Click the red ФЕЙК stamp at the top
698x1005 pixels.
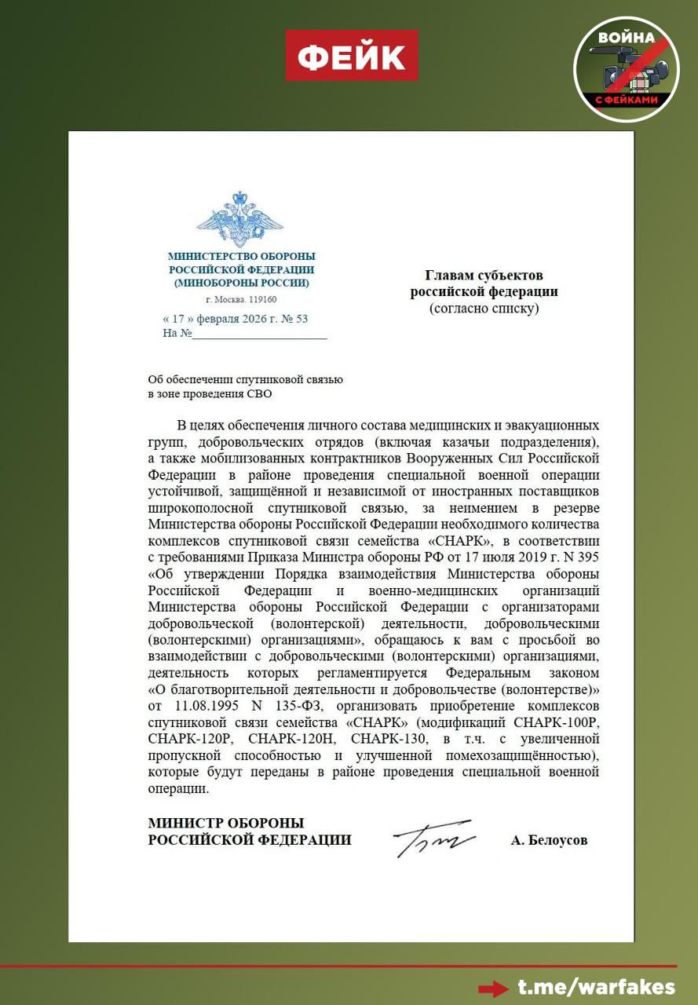[351, 55]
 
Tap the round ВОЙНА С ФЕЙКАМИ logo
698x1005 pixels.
[626, 69]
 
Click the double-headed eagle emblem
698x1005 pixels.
[239, 219]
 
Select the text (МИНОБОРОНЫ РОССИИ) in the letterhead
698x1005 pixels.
[241, 283]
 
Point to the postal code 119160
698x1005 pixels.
[262, 300]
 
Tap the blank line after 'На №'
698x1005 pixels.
[259, 334]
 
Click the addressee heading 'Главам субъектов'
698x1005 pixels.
[484, 275]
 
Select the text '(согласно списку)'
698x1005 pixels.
[484, 308]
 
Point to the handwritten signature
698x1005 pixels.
[433, 839]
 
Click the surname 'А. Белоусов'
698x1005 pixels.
[549, 840]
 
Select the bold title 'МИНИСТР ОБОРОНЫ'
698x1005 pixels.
[226, 823]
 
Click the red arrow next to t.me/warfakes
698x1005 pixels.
[494, 988]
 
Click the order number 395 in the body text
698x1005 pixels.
[589, 556]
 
